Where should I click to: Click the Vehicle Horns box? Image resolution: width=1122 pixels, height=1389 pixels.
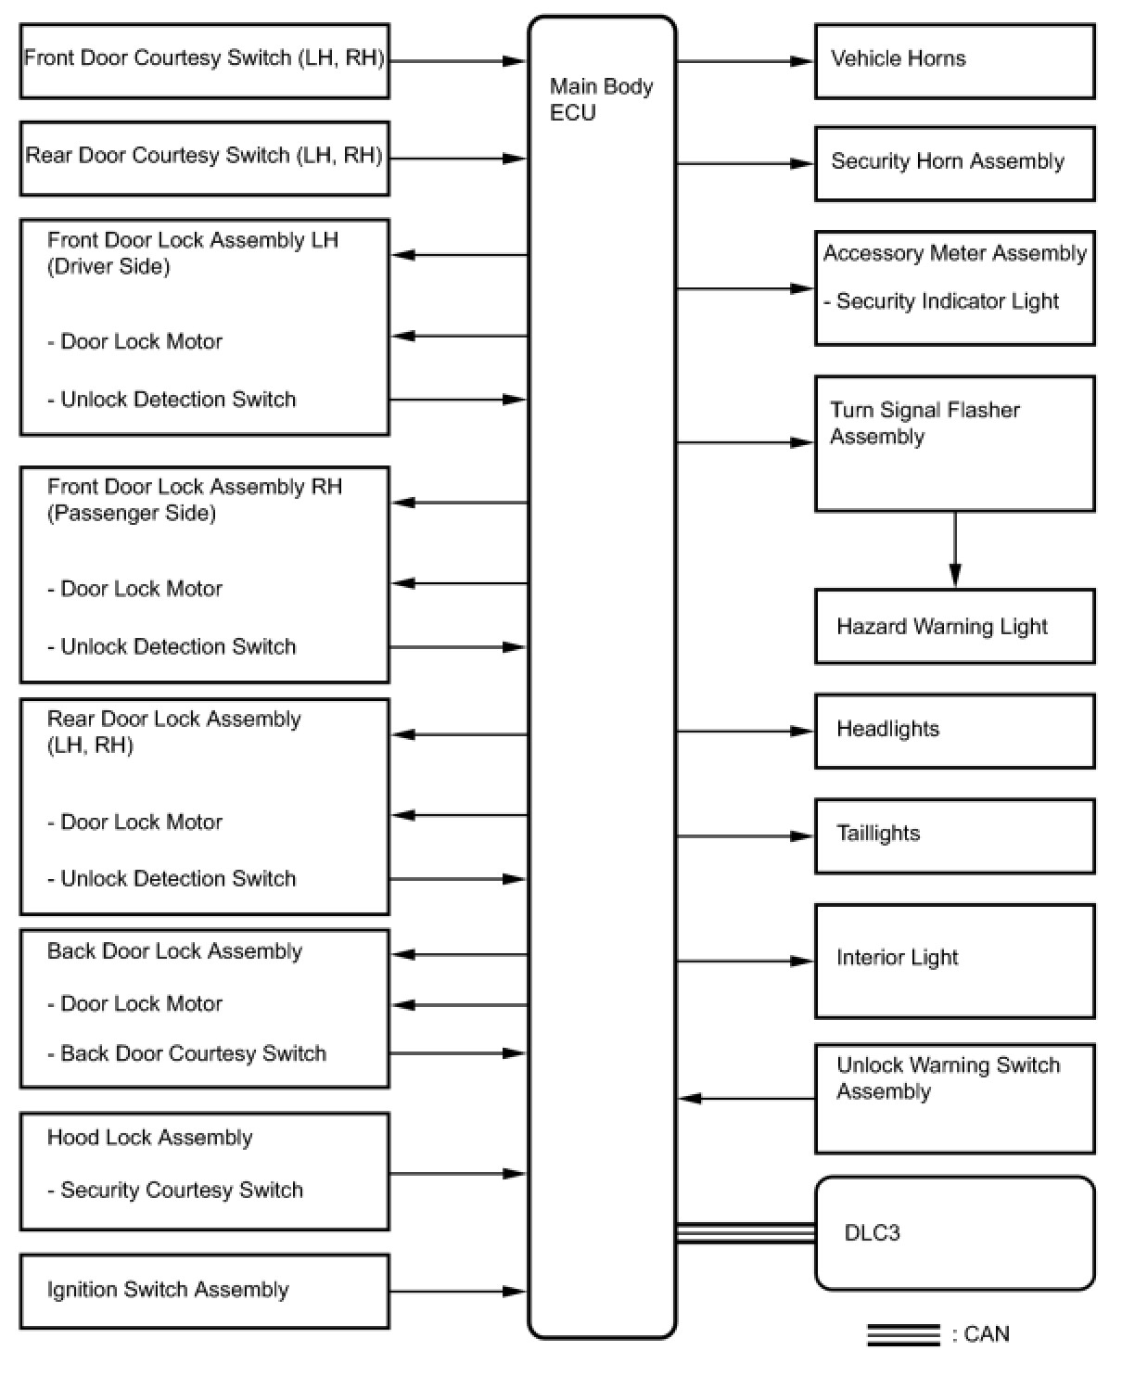point(954,61)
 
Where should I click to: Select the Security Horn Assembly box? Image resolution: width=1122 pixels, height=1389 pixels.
point(954,163)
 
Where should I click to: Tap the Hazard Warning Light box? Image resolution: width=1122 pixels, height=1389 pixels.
point(954,626)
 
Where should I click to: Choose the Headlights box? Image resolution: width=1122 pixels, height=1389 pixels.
point(954,731)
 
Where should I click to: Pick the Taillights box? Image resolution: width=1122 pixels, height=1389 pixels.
point(954,835)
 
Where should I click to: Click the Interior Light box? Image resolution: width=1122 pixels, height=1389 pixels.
point(954,961)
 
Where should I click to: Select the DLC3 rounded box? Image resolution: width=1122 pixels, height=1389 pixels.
point(954,1232)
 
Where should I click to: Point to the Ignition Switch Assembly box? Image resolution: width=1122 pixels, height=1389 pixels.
point(204,1291)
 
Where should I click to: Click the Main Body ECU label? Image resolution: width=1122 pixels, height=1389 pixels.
point(601,99)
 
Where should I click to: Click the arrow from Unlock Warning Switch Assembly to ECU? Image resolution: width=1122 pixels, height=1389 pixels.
point(746,1099)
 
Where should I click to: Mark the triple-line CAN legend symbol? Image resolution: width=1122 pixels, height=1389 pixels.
point(903,1334)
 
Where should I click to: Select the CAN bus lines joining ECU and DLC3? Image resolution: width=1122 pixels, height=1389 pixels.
point(746,1232)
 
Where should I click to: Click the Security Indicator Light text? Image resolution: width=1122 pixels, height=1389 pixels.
point(946,301)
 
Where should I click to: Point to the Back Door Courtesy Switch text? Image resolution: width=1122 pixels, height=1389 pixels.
point(192,1053)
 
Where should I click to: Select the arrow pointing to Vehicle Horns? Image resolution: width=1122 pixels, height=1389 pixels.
point(746,61)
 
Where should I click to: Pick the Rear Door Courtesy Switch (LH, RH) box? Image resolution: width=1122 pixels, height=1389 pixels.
point(204,158)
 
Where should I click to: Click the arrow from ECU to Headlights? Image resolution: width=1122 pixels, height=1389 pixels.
point(746,732)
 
